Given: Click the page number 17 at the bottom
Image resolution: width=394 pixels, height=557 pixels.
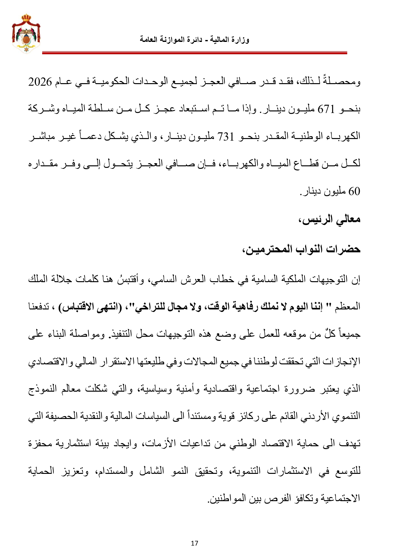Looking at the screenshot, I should pyautogui.click(x=195, y=543).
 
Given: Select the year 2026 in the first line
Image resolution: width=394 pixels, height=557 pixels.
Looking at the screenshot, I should pyautogui.click(x=40, y=82).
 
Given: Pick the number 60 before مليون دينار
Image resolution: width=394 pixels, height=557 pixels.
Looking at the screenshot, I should pyautogui.click(x=354, y=192).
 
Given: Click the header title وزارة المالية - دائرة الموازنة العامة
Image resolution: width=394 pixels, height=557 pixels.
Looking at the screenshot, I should pyautogui.click(x=194, y=40).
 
